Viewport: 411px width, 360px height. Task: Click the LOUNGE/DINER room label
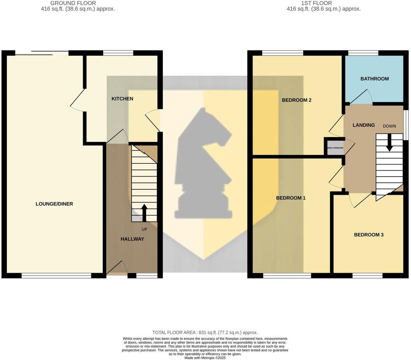[54, 204]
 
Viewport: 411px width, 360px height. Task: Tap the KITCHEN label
[122, 99]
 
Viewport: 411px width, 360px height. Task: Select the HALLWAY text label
[132, 239]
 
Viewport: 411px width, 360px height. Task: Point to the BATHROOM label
[374, 79]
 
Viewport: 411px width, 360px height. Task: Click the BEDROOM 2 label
[297, 100]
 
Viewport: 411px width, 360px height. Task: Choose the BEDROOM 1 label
[290, 198]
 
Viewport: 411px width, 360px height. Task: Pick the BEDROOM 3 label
[368, 235]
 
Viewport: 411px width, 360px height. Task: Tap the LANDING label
[363, 125]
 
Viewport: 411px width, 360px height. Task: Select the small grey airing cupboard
[335, 148]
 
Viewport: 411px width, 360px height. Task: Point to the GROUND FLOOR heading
[73, 3]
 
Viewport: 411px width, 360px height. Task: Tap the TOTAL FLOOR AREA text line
[205, 332]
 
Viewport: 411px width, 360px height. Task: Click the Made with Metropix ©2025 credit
[205, 358]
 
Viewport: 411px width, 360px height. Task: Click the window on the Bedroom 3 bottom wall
[367, 275]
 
